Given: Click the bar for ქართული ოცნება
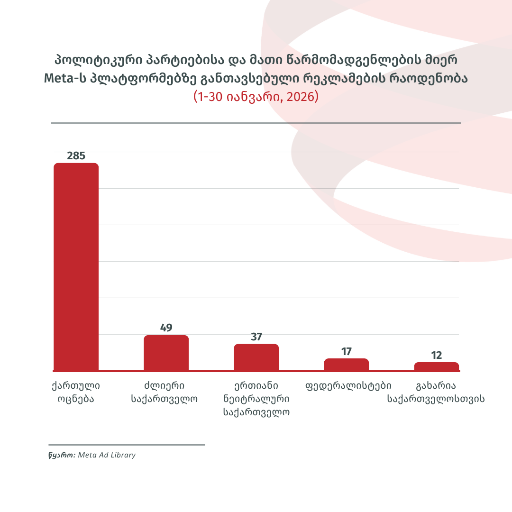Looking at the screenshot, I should click(x=76, y=266).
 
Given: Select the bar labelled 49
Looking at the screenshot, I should click(x=166, y=353).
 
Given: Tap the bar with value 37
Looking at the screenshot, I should click(x=256, y=357).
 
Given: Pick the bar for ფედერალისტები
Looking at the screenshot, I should click(x=346, y=365).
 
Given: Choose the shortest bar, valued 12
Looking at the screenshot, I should click(x=437, y=366).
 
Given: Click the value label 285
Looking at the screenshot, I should click(x=76, y=155).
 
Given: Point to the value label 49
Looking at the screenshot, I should click(x=166, y=328).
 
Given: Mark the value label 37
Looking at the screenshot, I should click(x=256, y=337).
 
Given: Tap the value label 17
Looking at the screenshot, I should click(x=346, y=351).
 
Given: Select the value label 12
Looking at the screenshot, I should click(x=437, y=355).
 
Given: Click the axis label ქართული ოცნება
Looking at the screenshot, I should click(x=76, y=392).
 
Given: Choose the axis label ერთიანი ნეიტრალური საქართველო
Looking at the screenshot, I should click(x=256, y=398).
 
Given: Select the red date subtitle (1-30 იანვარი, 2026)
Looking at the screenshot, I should click(x=256, y=97).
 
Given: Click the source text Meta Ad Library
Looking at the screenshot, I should click(x=107, y=455).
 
